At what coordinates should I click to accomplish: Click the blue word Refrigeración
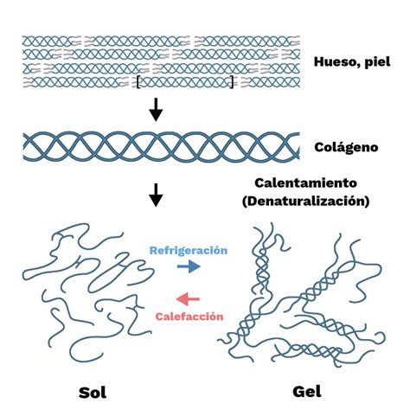188,249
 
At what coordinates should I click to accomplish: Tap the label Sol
91,392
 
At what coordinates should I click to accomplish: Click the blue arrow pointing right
188,267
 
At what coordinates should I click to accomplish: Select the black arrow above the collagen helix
156,109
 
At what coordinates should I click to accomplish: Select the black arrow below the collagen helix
156,195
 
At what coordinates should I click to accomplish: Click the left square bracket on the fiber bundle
138,83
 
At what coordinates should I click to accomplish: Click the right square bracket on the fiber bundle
232,83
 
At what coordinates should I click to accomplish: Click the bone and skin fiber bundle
160,61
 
